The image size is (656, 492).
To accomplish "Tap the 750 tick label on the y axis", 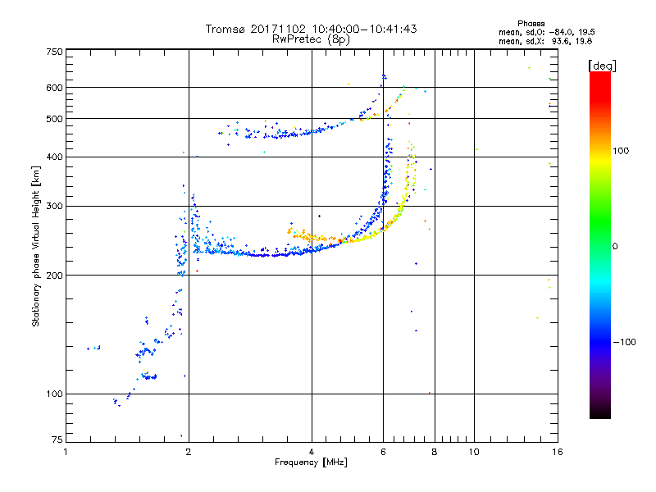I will pyautogui.click(x=54, y=52).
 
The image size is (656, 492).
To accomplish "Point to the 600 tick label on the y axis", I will pyautogui.click(x=54, y=88).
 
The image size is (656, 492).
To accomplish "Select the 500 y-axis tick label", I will pyautogui.click(x=54, y=119).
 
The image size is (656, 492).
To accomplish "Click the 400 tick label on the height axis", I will pyautogui.click(x=54, y=157).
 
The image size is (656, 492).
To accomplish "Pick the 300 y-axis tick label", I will pyautogui.click(x=54, y=206).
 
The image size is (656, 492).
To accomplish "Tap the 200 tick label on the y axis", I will pyautogui.click(x=54, y=275).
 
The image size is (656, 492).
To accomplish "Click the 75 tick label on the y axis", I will pyautogui.click(x=57, y=440).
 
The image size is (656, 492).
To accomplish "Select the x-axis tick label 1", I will pyautogui.click(x=66, y=452).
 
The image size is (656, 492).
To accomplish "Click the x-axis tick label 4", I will pyautogui.click(x=312, y=452).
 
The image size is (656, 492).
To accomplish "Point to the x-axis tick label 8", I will pyautogui.click(x=435, y=452).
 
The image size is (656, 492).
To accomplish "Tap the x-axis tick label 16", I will pyautogui.click(x=556, y=452).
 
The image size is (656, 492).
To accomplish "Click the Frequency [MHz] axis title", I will pyautogui.click(x=311, y=463).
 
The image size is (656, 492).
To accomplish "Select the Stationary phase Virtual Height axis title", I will pyautogui.click(x=36, y=246).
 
